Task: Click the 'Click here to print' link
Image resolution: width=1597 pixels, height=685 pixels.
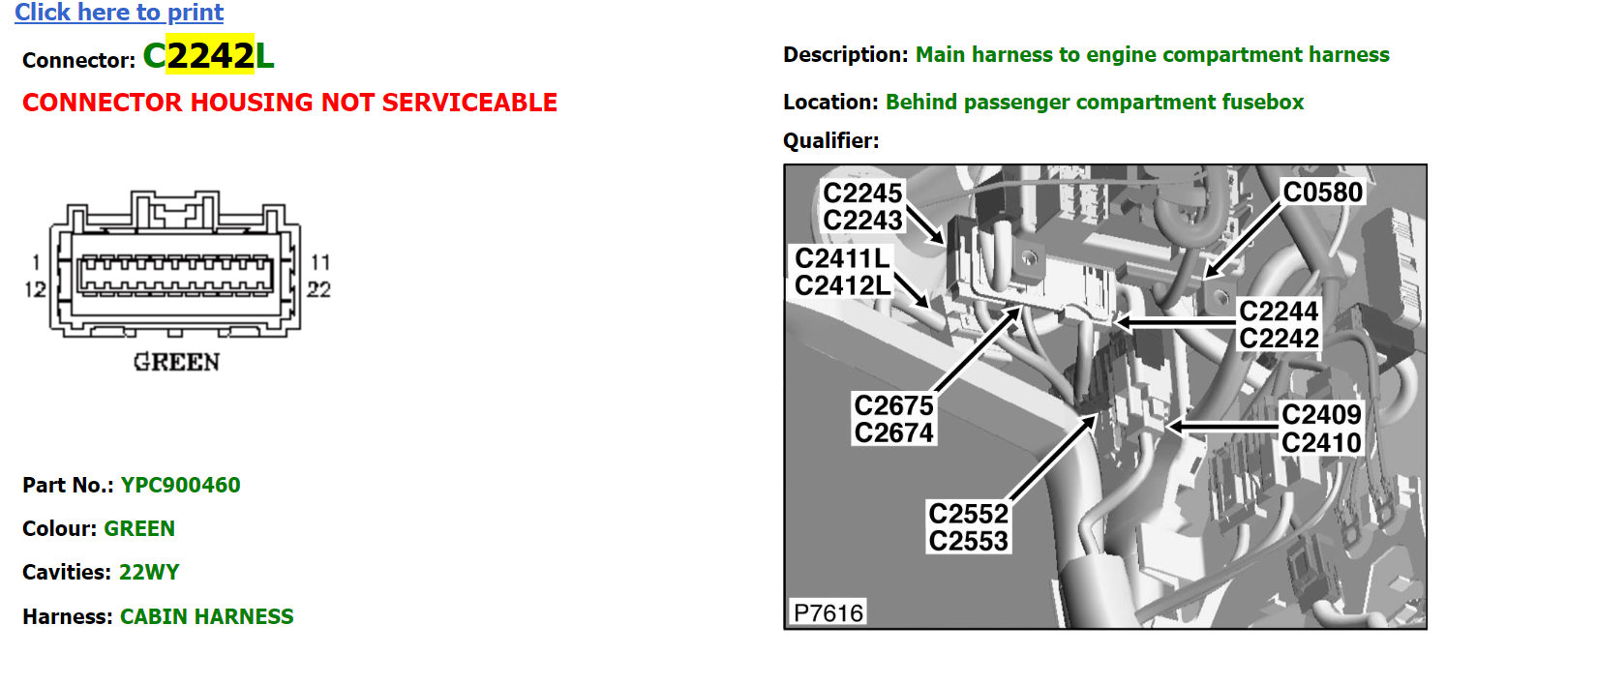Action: pyautogui.click(x=119, y=13)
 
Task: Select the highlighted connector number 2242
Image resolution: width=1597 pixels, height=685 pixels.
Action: pyautogui.click(x=210, y=55)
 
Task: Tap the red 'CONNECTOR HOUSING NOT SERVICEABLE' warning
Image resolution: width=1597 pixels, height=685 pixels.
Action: pyautogui.click(x=289, y=103)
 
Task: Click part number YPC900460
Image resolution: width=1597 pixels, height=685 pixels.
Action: pyautogui.click(x=180, y=486)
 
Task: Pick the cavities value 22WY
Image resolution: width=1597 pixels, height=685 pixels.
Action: pyautogui.click(x=149, y=573)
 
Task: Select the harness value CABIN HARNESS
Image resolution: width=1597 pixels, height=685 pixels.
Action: pyautogui.click(x=207, y=616)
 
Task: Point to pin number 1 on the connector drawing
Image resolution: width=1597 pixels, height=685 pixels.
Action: pyautogui.click(x=37, y=262)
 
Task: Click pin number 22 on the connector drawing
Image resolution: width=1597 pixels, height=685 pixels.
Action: pyautogui.click(x=318, y=289)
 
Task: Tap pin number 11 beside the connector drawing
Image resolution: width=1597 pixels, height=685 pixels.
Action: pyautogui.click(x=320, y=262)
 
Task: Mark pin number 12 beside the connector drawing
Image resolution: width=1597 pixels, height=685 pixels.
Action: pyautogui.click(x=35, y=289)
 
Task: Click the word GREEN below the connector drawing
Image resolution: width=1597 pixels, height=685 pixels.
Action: pyautogui.click(x=177, y=362)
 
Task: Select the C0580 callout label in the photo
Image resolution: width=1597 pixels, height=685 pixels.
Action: pyautogui.click(x=1322, y=192)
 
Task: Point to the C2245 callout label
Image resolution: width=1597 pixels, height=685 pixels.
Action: pyautogui.click(x=862, y=194)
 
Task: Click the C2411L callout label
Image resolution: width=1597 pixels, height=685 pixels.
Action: pyautogui.click(x=843, y=258)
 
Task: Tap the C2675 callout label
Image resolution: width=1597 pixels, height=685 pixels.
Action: pyautogui.click(x=893, y=405)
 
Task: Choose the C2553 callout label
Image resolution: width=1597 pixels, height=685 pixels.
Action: pyautogui.click(x=968, y=541)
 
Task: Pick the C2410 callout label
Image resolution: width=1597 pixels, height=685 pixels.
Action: pyautogui.click(x=1321, y=443)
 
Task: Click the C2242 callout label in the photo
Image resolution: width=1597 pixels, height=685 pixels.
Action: pyautogui.click(x=1279, y=338)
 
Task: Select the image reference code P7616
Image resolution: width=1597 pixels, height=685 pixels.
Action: pyautogui.click(x=829, y=613)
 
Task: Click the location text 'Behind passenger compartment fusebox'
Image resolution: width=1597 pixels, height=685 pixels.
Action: pyautogui.click(x=1095, y=103)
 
